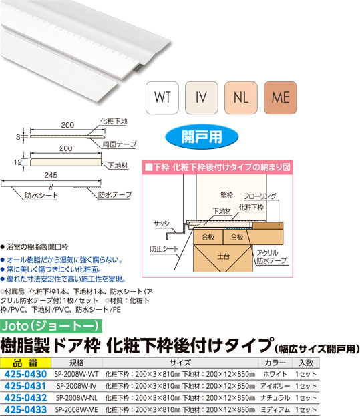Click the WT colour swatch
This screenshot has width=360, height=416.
point(162,97)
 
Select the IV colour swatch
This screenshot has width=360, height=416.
point(201,97)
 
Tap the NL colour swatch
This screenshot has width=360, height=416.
point(241,97)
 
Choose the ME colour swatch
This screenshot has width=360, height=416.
point(281,97)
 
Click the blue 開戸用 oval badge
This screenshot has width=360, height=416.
point(202,137)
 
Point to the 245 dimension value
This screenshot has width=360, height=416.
point(51,175)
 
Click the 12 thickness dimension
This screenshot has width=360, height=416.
point(18,162)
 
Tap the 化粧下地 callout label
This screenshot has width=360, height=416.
point(114,122)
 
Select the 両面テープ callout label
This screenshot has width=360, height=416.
point(120,144)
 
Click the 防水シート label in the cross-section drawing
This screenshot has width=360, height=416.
point(41,196)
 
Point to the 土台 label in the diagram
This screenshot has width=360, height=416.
point(223,256)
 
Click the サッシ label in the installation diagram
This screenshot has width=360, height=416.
point(161,224)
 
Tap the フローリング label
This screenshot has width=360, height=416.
point(260,196)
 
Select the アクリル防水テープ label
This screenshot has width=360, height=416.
point(271,257)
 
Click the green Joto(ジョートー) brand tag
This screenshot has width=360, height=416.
point(51,326)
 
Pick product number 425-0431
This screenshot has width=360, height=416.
point(25,386)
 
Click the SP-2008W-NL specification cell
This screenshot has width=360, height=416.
point(76,398)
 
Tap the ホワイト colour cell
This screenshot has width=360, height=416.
point(275,374)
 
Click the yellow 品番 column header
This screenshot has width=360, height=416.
point(25,363)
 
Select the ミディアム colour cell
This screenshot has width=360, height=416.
point(275,409)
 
